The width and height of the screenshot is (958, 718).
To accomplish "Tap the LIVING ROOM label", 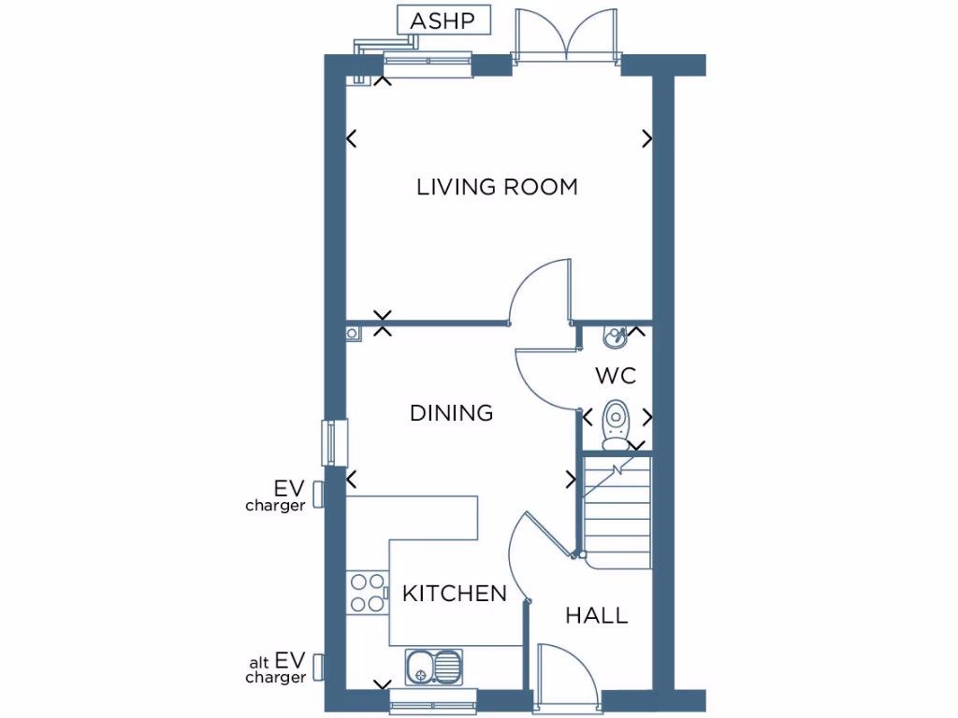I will (497, 187).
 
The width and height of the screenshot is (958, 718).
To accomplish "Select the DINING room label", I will (451, 412).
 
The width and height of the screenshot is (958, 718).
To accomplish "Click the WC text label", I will (616, 376).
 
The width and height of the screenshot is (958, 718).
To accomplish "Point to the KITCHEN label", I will (454, 593).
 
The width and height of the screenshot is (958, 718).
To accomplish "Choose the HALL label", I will (596, 615).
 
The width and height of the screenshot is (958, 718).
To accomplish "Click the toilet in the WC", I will (616, 425).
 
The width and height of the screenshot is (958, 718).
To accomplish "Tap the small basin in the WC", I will (615, 336).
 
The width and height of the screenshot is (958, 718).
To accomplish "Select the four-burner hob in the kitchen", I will (368, 592).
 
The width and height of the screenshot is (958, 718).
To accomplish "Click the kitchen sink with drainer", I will (433, 667).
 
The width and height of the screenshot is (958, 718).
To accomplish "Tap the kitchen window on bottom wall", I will (432, 698).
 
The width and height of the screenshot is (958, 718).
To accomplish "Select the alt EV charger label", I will (278, 669).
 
